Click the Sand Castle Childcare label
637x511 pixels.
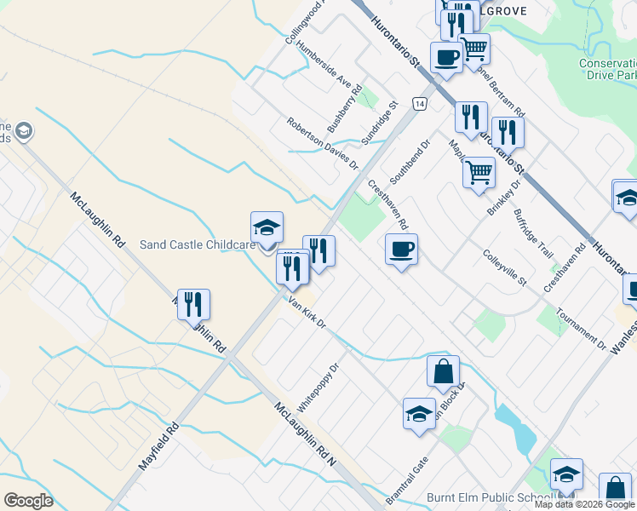pyautogui.click(x=198, y=245)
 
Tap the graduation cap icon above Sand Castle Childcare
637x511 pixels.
pyautogui.click(x=267, y=228)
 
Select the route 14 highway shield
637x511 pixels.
pyautogui.click(x=420, y=103)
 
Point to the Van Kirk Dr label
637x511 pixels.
pyautogui.click(x=307, y=315)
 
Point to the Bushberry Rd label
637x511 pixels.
pyautogui.click(x=345, y=108)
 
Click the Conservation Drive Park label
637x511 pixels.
pyautogui.click(x=607, y=69)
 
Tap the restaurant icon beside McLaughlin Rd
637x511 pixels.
pyautogui.click(x=193, y=303)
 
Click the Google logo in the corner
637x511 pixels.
pyautogui.click(x=29, y=501)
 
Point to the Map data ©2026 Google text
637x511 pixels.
pyautogui.click(x=585, y=504)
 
